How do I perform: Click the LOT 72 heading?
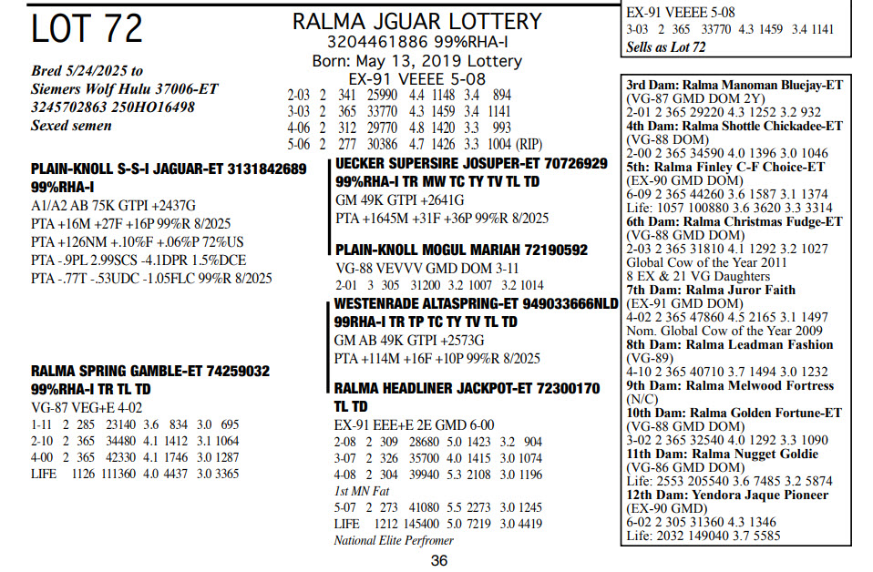pos(87,29)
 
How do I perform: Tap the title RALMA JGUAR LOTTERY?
pos(416,21)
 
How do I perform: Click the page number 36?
pos(439,560)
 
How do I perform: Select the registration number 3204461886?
pos(367,42)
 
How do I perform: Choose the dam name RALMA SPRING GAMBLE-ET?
pos(137,372)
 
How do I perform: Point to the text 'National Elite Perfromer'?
pos(393,540)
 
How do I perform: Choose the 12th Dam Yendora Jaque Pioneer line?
pos(726,495)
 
